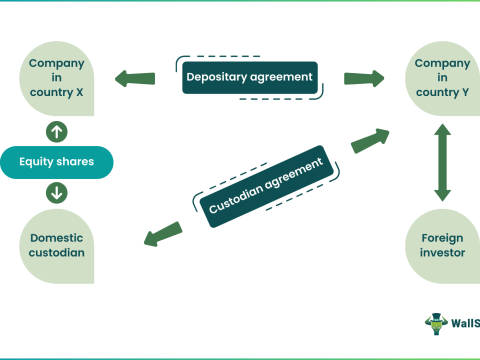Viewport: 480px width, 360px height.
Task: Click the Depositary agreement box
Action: click(248, 77)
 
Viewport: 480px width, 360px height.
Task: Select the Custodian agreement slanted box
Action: click(265, 185)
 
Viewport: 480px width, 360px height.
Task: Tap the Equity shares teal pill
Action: click(57, 161)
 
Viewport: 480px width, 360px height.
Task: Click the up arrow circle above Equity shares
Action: click(57, 130)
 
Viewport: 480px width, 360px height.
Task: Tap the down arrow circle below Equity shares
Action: click(57, 192)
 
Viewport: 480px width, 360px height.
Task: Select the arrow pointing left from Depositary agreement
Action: click(136, 77)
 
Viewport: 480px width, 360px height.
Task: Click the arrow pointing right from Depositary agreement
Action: click(364, 77)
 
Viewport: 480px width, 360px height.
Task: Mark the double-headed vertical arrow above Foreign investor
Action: click(441, 162)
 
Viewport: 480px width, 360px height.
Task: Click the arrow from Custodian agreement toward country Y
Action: click(370, 139)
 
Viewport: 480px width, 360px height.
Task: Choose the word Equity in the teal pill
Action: click(37, 161)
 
